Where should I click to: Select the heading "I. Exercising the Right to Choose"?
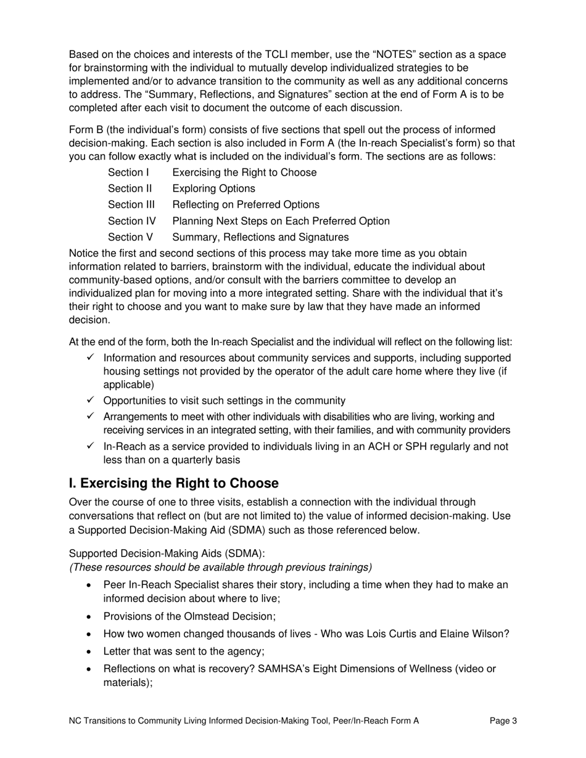173,483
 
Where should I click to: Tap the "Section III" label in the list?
131,205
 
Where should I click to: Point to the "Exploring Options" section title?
213,189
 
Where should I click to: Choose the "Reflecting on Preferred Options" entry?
246,205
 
